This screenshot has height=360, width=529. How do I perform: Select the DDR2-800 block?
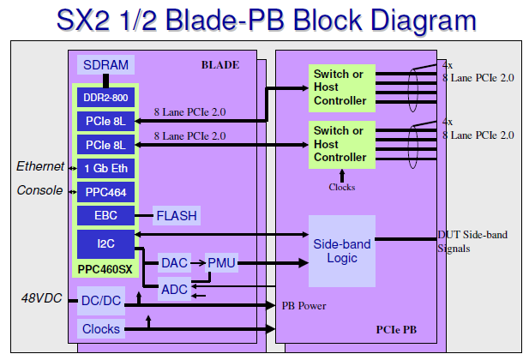coord(105,98)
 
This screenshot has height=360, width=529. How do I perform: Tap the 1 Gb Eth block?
coord(105,167)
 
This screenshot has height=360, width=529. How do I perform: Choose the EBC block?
coord(105,215)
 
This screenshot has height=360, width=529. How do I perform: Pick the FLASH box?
coord(177,215)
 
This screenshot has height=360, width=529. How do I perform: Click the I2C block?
coord(105,243)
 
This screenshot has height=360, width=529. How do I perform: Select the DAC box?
coord(175,263)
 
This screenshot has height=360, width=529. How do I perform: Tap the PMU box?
coord(221,263)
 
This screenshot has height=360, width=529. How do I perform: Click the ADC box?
coord(175,289)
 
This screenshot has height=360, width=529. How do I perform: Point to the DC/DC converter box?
coord(102,301)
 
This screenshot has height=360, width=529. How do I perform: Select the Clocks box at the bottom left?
coord(102,328)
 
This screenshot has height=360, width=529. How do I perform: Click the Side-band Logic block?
coord(342,251)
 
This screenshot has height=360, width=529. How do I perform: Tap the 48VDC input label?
coord(41,298)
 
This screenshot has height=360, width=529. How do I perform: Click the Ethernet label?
coord(39,166)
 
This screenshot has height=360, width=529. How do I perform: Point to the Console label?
coord(39,189)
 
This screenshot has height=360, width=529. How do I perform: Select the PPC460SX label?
coord(105,269)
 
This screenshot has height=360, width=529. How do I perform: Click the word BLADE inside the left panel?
coord(219,64)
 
